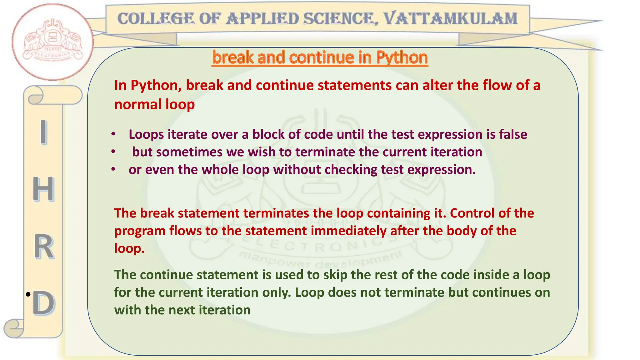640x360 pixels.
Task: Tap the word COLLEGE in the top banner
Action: pyautogui.click(x=156, y=19)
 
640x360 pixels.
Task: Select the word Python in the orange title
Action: pyautogui.click(x=402, y=57)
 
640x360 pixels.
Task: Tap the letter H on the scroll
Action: pyautogui.click(x=43, y=189)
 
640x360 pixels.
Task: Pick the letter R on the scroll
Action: pyautogui.click(x=44, y=247)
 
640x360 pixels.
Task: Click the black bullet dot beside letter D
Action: pyautogui.click(x=28, y=294)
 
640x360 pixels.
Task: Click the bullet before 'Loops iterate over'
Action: pyautogui.click(x=113, y=134)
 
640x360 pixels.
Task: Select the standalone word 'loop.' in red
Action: pyautogui.click(x=129, y=248)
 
